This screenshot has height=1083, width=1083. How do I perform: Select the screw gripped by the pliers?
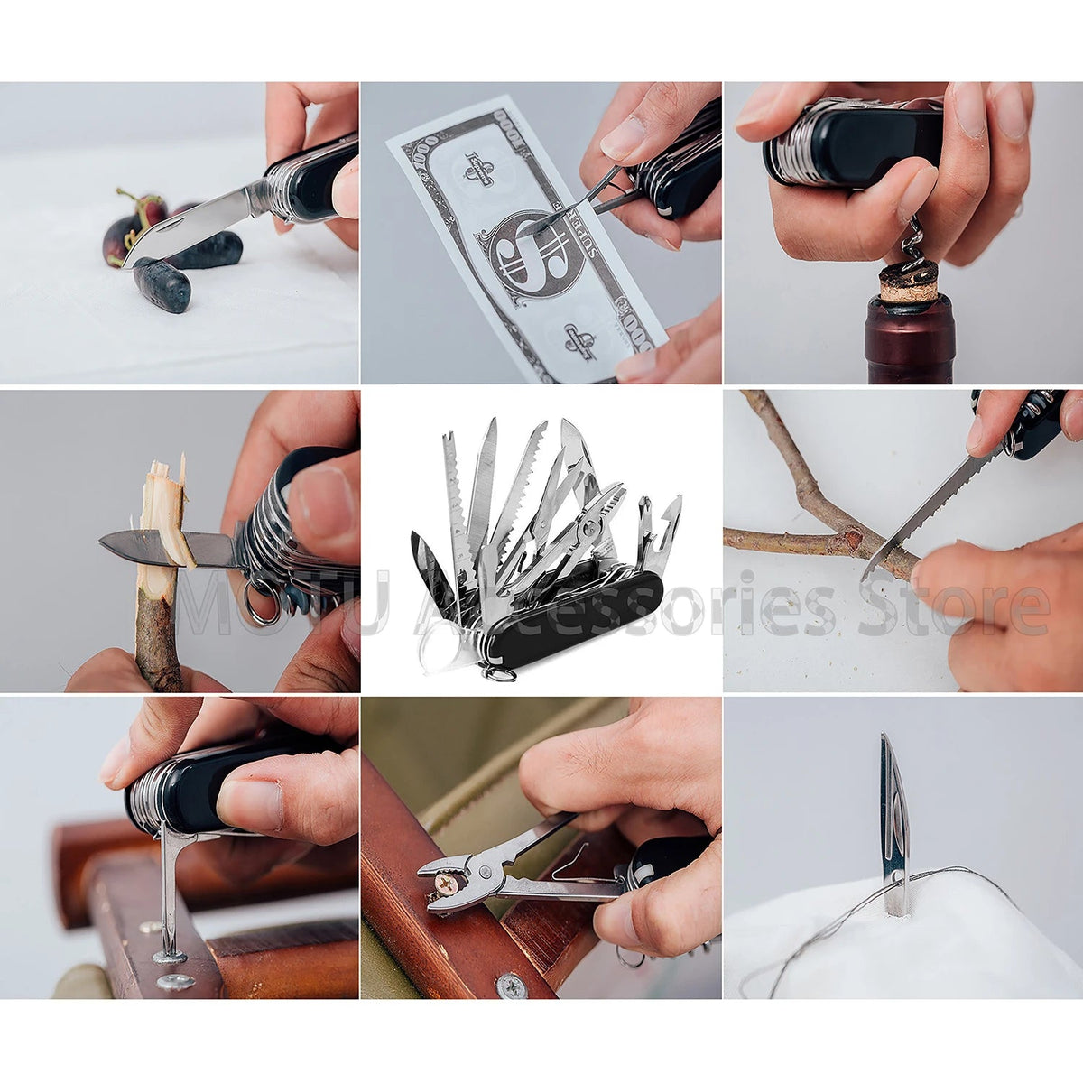coord(445,884)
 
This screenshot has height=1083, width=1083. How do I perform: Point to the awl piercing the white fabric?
coord(893,821)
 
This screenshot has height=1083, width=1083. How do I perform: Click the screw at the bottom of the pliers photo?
coord(512,985)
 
